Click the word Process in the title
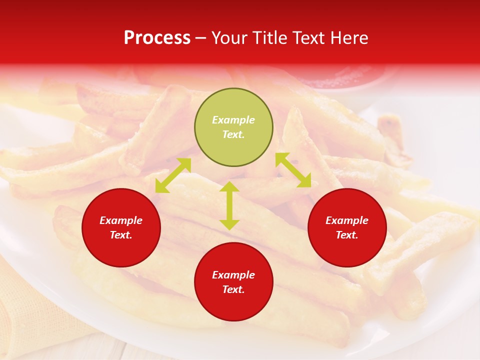point(157,38)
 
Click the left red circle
point(121,227)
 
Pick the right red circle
point(347,227)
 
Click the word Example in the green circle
point(233,120)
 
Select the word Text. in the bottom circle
point(233,289)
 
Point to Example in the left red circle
point(121,220)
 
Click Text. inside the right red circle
point(347,235)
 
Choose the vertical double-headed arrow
point(229,205)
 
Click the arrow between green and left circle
point(173,175)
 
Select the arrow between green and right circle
point(293,170)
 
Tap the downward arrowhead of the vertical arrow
point(229,224)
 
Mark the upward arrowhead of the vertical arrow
point(229,187)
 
